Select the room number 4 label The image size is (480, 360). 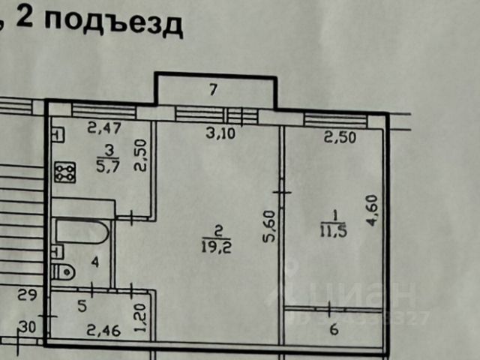[x=94, y=262]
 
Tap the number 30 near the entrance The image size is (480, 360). [x=28, y=326]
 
